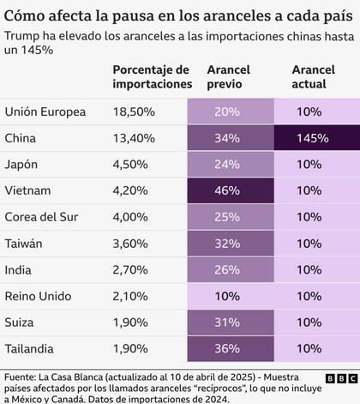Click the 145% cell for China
click(314, 137)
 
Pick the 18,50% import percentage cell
click(136, 112)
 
